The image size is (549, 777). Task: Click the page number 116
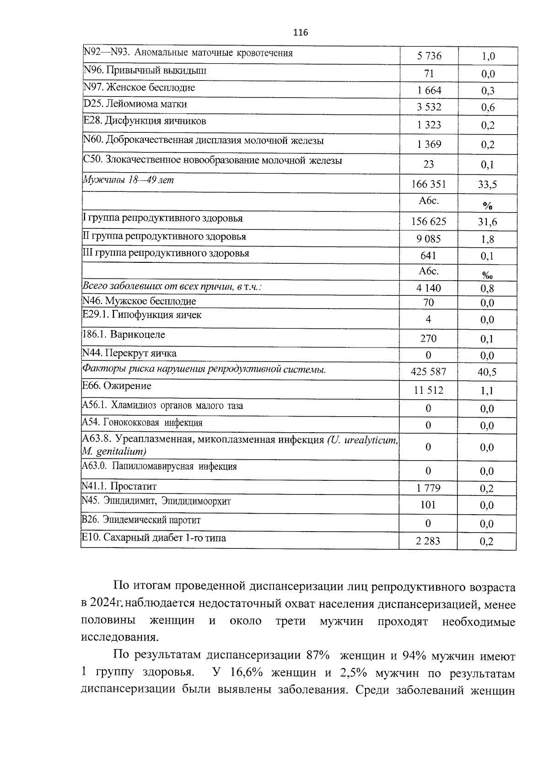tap(300, 33)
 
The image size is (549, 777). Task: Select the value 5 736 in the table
tap(429, 56)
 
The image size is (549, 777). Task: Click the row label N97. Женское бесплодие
tap(139, 87)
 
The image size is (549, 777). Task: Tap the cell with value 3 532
tap(429, 108)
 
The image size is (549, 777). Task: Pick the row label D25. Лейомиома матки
tap(135, 104)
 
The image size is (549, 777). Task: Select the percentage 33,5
tap(487, 185)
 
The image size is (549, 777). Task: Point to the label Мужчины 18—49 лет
tap(128, 180)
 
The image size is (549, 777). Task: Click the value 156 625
tap(429, 222)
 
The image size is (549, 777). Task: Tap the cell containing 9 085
tap(429, 239)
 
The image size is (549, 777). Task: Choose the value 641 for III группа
tap(428, 256)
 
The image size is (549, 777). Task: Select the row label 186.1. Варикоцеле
tap(124, 335)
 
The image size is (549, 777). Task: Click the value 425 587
tap(429, 372)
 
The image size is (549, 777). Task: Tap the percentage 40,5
tap(487, 372)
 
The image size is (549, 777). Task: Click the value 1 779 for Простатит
tap(429, 488)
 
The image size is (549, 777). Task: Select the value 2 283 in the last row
tap(428, 541)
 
